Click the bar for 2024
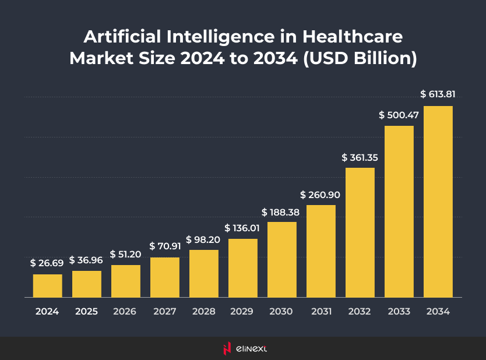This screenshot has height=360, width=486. point(47,285)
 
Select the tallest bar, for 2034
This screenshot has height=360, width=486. point(438,201)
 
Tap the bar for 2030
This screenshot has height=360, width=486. point(282,259)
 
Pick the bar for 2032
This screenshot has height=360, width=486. point(360,232)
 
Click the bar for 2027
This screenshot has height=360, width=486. point(165,277)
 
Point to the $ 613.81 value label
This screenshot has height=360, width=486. point(438,94)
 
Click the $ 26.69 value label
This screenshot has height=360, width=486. point(47,263)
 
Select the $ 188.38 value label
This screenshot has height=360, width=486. point(281,211)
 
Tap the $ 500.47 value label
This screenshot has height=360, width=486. point(399,115)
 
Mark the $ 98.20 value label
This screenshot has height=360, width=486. point(203,239)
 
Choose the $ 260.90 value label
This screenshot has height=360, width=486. point(321,194)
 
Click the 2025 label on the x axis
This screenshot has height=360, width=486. point(86,312)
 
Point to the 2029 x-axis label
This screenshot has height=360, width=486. point(242,312)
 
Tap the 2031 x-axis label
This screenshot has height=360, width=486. point(321,312)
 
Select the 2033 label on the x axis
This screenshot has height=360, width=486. point(399,312)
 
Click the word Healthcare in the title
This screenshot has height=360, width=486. point(352,37)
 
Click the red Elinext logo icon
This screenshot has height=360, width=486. point(227,348)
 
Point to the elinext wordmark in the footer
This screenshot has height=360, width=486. point(252,349)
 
